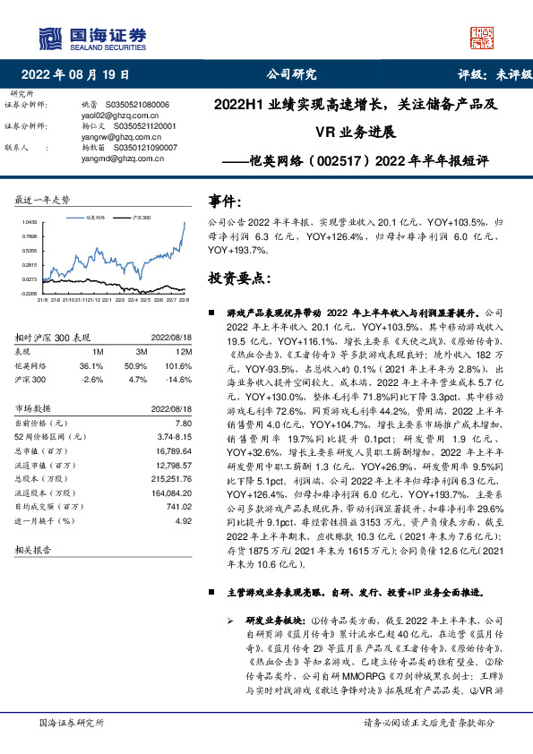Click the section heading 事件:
pyautogui.click(x=225, y=201)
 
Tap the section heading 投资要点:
pyautogui.click(x=239, y=278)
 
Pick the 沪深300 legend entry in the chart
pyautogui.click(x=139, y=218)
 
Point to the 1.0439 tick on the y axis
pyautogui.click(x=30, y=222)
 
